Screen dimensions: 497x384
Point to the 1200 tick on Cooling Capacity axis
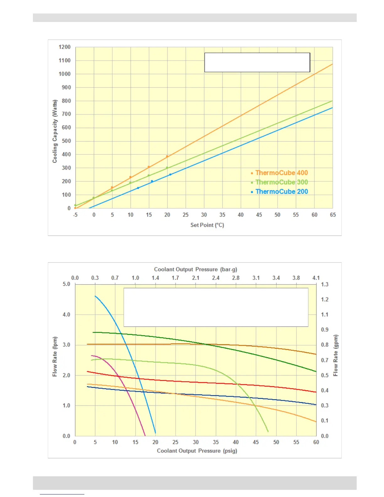65,47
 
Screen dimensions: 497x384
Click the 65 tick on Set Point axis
333,215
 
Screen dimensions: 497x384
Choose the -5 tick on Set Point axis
75,215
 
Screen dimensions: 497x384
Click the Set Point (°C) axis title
207,225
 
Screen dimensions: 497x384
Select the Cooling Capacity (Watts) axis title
55,131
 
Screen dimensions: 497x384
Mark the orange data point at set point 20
167,156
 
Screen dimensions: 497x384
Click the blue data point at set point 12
138,188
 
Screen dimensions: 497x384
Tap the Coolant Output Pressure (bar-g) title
195,270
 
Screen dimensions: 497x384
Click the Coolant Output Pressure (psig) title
197,451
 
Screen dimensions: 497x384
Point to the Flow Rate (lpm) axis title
55,356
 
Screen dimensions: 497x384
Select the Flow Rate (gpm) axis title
336,355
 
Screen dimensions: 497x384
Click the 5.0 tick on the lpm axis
67,284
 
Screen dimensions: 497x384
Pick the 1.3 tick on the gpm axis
325,285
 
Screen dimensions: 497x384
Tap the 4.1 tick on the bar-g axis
316,278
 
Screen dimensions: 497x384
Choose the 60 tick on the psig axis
316,442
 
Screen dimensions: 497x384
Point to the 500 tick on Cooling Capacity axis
66,141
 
